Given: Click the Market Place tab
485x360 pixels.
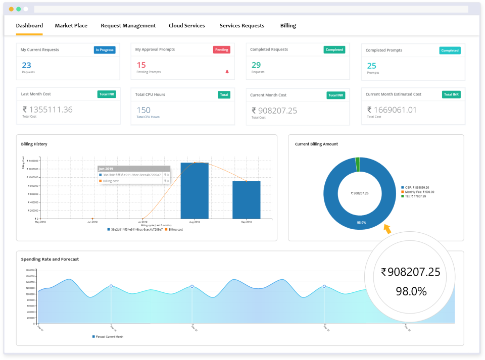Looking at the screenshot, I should point(71,26).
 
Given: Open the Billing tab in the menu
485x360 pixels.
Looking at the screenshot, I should point(288,26).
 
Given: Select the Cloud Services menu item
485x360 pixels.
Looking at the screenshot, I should point(186,26).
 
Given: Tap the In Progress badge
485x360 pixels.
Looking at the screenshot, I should point(105,50).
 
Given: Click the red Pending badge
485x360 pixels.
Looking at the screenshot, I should point(221,49).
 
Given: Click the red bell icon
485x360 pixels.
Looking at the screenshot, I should point(227,72).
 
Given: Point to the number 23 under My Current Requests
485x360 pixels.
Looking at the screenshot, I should point(26,65).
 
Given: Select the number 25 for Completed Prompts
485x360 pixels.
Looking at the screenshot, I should point(371,66).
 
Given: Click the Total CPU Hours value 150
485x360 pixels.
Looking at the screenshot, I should point(143,110).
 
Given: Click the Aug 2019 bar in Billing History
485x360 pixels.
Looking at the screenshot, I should point(194,190).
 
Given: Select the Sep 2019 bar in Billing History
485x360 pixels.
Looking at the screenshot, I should point(246,199).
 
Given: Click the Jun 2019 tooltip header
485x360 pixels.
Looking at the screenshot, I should point(133,169).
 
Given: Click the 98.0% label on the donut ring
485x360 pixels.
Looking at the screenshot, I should point(362,222).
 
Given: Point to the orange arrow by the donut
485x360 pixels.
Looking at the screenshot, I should point(387,230).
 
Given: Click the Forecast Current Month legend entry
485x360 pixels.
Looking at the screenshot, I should point(108,336).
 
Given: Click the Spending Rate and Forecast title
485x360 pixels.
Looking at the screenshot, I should point(50,259).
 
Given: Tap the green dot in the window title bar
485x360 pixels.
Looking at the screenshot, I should point(19,9).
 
